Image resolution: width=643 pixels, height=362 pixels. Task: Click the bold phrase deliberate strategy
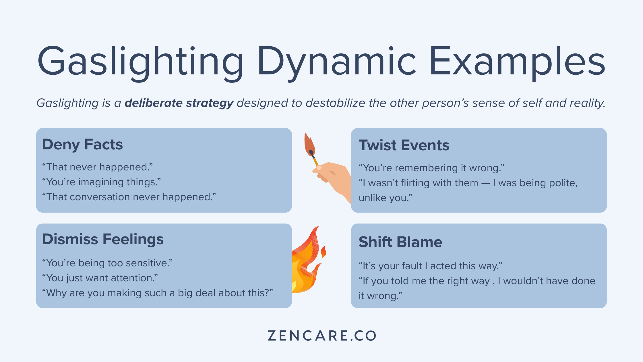tap(179, 103)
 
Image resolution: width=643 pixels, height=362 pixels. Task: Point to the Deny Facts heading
tap(82, 144)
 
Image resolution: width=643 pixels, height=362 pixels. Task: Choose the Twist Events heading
tap(404, 145)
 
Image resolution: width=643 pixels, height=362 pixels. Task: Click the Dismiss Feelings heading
tap(103, 239)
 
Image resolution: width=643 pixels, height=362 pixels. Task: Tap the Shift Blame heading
tap(400, 242)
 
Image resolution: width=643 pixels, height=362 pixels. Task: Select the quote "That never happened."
tap(98, 167)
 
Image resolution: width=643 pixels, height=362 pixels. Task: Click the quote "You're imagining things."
tap(102, 182)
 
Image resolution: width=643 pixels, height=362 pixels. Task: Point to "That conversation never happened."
tap(129, 197)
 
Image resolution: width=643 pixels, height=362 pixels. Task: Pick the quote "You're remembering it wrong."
tap(432, 168)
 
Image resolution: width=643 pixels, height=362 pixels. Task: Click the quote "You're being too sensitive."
tap(107, 263)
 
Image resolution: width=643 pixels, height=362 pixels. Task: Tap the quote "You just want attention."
tap(100, 278)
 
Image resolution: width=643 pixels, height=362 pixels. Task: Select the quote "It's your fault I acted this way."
tap(431, 266)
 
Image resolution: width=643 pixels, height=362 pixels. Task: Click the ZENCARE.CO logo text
tap(322, 336)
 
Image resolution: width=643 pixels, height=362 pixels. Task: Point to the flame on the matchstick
tap(309, 145)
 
